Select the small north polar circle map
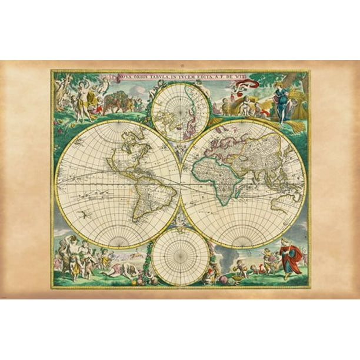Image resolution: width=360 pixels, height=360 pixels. click(x=181, y=111)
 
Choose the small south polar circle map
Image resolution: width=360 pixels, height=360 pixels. click(x=180, y=256)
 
